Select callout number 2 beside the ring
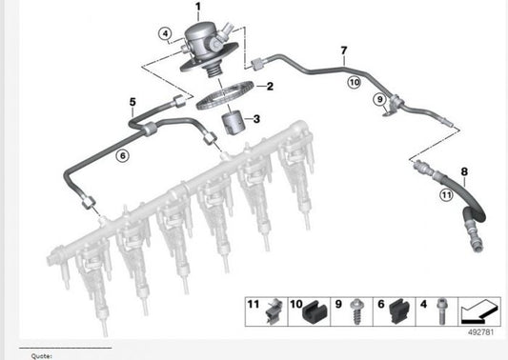pyautogui.click(x=270, y=87)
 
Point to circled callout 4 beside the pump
pyautogui.click(x=166, y=35)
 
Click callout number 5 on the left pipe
pyautogui.click(x=132, y=101)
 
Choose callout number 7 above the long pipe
pyautogui.click(x=343, y=50)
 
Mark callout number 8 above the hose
pyautogui.click(x=464, y=172)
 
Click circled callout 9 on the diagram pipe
pyautogui.click(x=377, y=99)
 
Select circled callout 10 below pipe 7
pyautogui.click(x=353, y=83)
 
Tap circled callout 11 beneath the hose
pyautogui.click(x=445, y=195)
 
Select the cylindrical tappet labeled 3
pyautogui.click(x=234, y=125)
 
